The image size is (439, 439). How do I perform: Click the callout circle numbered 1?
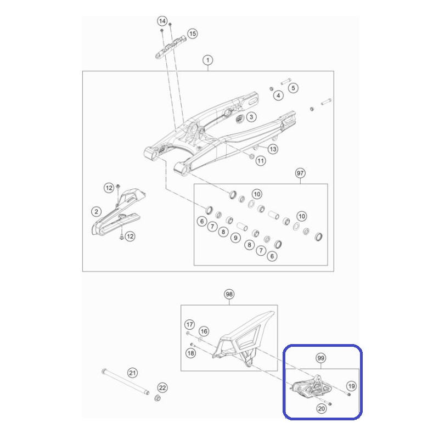(208, 60)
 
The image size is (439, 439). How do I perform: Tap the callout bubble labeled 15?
(193, 34)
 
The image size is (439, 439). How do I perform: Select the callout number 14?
(162, 21)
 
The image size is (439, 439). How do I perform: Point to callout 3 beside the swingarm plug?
(251, 117)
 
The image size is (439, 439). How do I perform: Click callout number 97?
(300, 173)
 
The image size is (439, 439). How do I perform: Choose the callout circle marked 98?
(229, 294)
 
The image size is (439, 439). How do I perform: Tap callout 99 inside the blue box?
(321, 358)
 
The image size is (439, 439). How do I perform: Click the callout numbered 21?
(132, 373)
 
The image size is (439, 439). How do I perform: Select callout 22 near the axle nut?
(162, 388)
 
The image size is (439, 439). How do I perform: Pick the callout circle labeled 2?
(97, 212)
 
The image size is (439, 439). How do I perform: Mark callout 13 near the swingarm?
(273, 149)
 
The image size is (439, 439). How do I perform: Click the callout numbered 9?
(235, 238)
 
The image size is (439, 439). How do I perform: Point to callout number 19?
(351, 386)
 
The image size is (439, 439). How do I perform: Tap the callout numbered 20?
(322, 409)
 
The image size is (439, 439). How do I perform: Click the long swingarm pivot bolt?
(125, 382)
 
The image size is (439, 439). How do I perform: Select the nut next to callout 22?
(157, 398)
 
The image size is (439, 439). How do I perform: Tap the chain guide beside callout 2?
(117, 213)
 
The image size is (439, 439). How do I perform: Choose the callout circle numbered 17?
(189, 325)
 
